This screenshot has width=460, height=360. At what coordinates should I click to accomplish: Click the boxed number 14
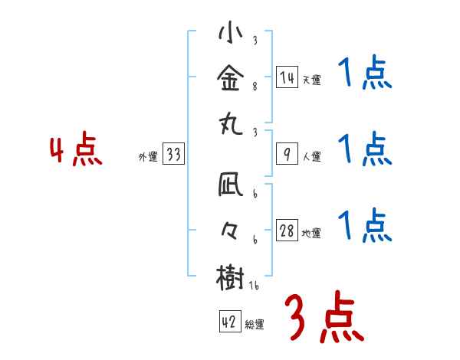click(287, 77)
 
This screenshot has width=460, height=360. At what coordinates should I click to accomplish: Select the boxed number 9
click(287, 154)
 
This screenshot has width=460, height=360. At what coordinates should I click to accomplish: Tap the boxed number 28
click(287, 231)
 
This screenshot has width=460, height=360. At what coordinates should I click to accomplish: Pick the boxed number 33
click(173, 154)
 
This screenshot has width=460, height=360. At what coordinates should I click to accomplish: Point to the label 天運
click(311, 80)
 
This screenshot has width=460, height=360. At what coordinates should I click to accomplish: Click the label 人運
click(311, 157)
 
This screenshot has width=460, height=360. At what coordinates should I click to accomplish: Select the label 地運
click(311, 234)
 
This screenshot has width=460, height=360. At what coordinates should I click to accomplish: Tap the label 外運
click(148, 157)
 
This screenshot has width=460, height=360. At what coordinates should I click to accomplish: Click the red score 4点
click(75, 151)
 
